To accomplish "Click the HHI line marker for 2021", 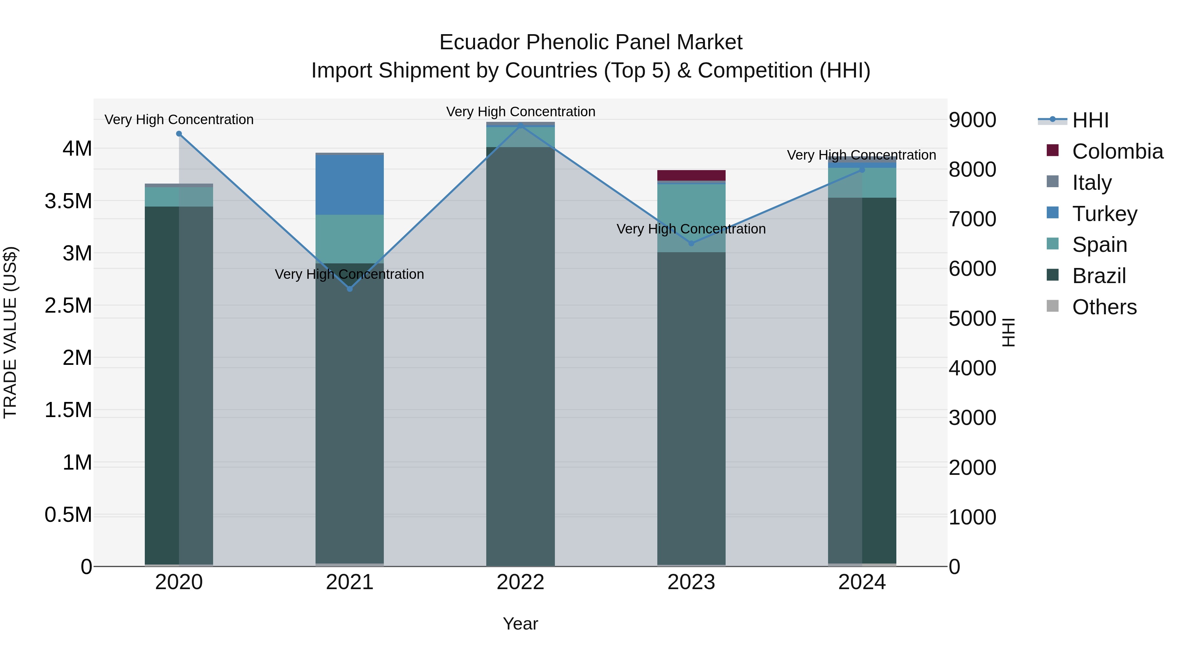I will [350, 289].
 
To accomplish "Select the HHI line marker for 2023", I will [691, 243].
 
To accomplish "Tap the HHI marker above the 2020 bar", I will [179, 134].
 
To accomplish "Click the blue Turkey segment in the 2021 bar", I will [350, 185].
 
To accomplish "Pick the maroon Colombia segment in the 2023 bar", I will [691, 175].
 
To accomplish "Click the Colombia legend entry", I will [1117, 151].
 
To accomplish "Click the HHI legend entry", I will [1090, 120].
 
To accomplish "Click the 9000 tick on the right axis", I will [972, 120].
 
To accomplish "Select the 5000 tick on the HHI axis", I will [972, 319].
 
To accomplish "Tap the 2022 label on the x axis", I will [520, 582].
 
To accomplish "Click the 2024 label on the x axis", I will [862, 582].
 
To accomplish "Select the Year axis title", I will [520, 624].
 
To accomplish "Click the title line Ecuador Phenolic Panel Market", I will [591, 42].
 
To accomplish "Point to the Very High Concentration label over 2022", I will [520, 112].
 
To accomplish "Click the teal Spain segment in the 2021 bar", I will [350, 239].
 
